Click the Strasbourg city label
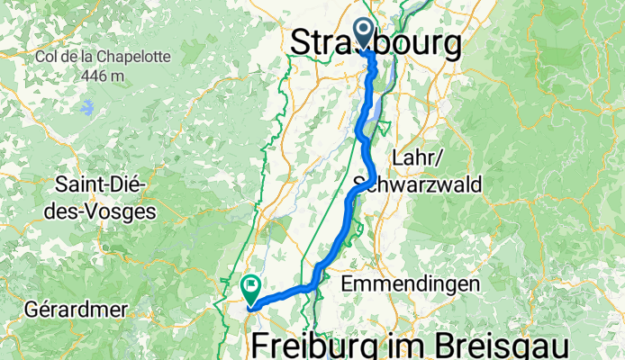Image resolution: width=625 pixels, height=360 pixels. point(376,43)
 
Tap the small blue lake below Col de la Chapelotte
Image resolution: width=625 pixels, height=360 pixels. point(86,109)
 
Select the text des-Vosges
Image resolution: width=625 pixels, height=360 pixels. point(106,211)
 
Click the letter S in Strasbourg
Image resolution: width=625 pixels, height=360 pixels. point(302,43)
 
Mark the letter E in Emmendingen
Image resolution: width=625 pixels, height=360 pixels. point(349,284)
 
